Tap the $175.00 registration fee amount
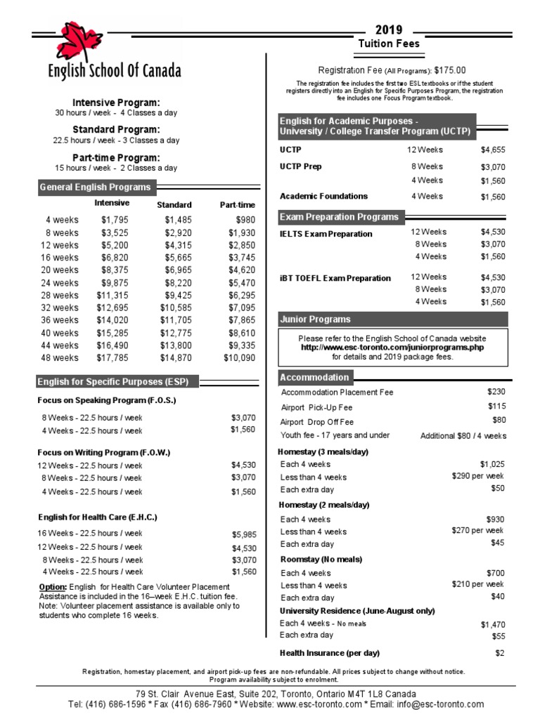[450, 70]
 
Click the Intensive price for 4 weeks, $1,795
[115, 220]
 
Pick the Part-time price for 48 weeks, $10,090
[239, 357]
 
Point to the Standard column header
[174, 205]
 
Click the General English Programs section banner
[96, 187]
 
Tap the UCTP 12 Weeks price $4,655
[493, 150]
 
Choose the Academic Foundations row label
[323, 197]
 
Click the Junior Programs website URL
[392, 347]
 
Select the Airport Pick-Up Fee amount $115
[496, 407]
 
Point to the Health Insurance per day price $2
[500, 653]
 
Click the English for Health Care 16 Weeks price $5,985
[243, 534]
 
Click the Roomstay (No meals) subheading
[321, 560]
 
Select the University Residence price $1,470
[493, 624]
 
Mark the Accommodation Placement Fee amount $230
[496, 392]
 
